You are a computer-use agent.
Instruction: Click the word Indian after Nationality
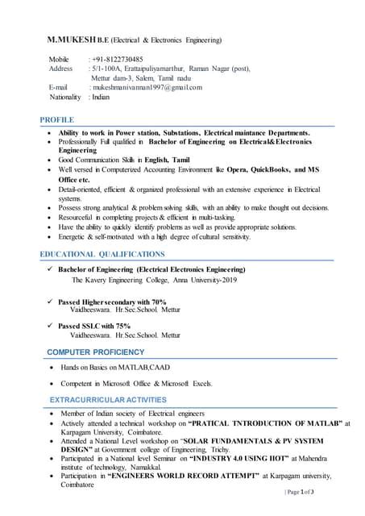pyautogui.click(x=101, y=97)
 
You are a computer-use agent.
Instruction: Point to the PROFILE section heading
pyautogui.click(x=57, y=119)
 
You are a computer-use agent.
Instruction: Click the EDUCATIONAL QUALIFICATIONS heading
pyautogui.click(x=102, y=254)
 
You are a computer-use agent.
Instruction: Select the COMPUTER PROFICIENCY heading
pyautogui.click(x=96, y=352)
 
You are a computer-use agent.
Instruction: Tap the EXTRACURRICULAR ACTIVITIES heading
pyautogui.click(x=108, y=400)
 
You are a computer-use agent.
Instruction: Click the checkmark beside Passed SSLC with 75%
pyautogui.click(x=50, y=326)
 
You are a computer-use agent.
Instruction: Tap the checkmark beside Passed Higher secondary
pyautogui.click(x=50, y=301)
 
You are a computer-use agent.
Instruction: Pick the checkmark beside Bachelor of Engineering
pyautogui.click(x=50, y=268)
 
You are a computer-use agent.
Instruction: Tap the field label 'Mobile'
pyautogui.click(x=59, y=60)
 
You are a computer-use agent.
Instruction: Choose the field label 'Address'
pyautogui.click(x=61, y=69)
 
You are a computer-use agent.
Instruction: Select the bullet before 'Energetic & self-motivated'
pyautogui.click(x=52, y=237)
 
